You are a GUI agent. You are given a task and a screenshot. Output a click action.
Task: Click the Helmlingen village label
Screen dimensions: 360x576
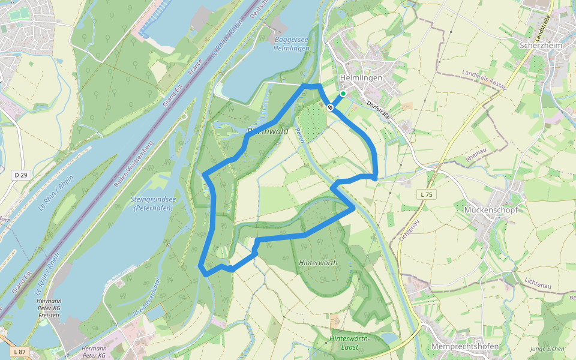(x=361, y=78)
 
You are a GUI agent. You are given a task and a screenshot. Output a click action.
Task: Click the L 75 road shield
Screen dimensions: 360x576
(x=426, y=194)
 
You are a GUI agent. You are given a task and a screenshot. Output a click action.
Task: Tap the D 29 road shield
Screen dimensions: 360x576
(x=20, y=175)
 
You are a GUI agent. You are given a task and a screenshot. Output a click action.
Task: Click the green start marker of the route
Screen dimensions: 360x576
(x=343, y=94)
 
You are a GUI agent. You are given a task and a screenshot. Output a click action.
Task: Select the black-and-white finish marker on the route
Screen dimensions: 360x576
(x=330, y=107)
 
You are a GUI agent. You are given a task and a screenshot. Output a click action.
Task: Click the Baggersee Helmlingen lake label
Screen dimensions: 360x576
(x=291, y=44)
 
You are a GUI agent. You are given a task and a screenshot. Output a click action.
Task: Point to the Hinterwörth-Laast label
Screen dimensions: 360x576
(x=350, y=343)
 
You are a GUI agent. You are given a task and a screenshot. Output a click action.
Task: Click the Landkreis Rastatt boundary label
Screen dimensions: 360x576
(x=484, y=80)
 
